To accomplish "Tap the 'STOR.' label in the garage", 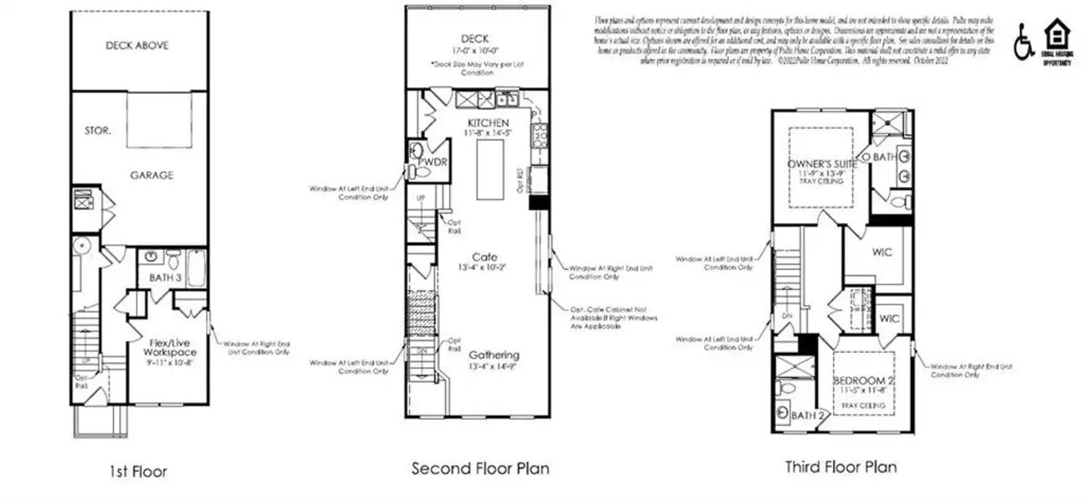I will [98, 131].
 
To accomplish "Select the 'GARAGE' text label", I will [151, 175].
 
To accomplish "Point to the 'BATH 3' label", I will [166, 277].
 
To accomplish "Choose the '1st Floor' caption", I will [137, 472].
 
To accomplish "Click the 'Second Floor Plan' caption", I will [480, 468].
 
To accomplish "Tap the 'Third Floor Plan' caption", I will [840, 466].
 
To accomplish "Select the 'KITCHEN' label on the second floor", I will [488, 123].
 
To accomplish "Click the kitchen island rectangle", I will [489, 169].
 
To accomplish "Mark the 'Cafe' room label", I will [484, 257].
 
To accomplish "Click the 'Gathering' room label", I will [494, 355].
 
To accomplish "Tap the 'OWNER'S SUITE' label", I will [821, 164].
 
